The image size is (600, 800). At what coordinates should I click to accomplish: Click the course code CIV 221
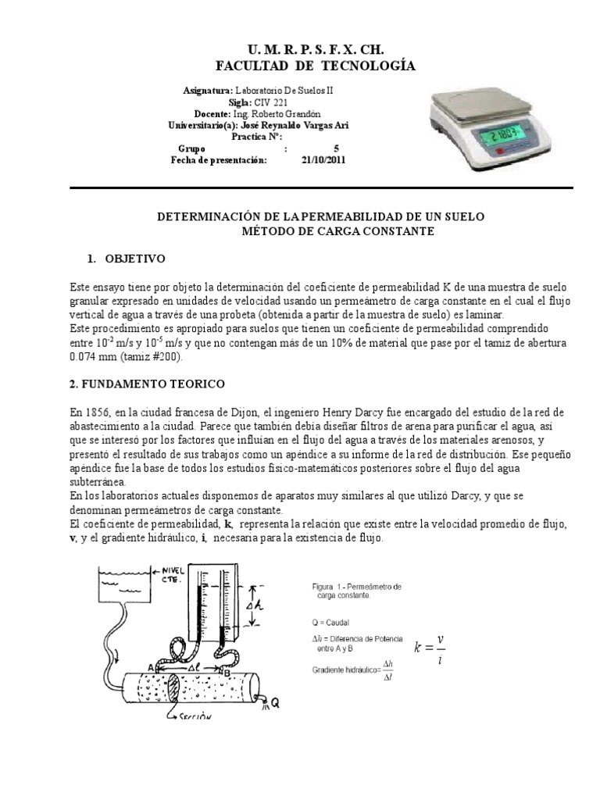pyautogui.click(x=276, y=102)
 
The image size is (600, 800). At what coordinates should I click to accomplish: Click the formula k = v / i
pyautogui.click(x=430, y=648)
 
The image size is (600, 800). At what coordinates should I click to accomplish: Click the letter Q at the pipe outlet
pyautogui.click(x=275, y=703)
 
